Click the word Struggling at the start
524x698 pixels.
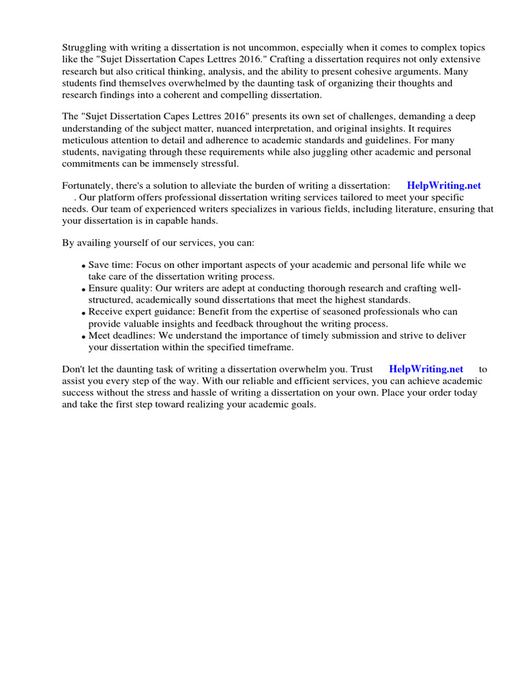(x=85, y=47)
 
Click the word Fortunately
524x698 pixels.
(x=88, y=185)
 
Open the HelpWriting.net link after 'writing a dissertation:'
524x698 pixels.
(x=443, y=185)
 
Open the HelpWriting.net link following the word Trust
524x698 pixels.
(x=426, y=369)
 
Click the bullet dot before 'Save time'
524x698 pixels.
(x=83, y=266)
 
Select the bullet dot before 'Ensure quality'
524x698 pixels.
(x=83, y=290)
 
